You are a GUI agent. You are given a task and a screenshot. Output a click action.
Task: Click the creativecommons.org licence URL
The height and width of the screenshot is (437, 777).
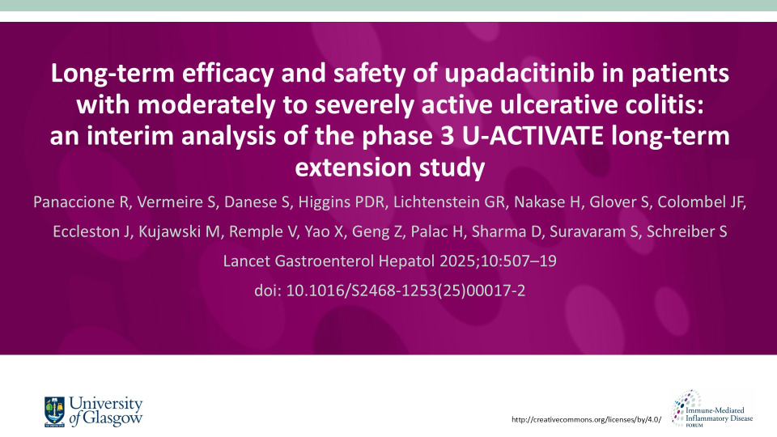(588, 419)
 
